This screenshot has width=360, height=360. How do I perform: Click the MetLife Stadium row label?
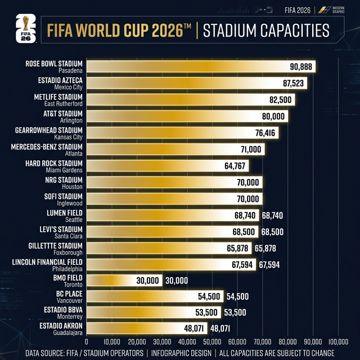pos(58,97)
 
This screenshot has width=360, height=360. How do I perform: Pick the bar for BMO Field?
pos(124,280)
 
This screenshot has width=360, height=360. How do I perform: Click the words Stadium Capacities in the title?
pos(265,30)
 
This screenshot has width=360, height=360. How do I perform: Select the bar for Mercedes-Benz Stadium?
pos(175,149)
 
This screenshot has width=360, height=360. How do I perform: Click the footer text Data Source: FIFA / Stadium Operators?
pos(84,354)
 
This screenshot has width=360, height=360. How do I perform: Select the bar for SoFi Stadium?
pos(174,199)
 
